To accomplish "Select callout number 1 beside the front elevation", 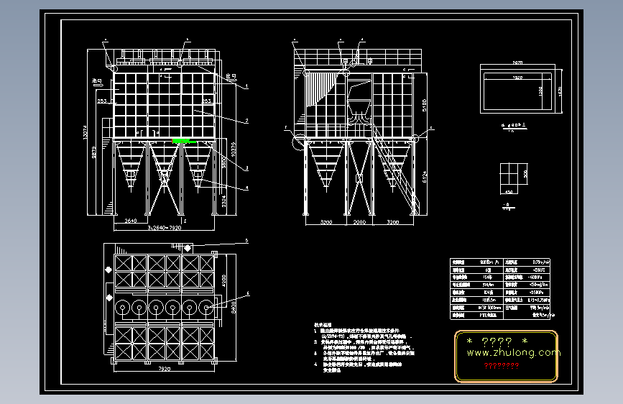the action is point(246,85).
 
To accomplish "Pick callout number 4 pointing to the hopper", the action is point(246,188).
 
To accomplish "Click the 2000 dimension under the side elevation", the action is point(359,223).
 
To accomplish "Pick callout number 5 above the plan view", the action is point(246,240).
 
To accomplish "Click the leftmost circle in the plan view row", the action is point(123,308).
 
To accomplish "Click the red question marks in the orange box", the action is point(502,367).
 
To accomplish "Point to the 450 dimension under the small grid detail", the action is point(509,192).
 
